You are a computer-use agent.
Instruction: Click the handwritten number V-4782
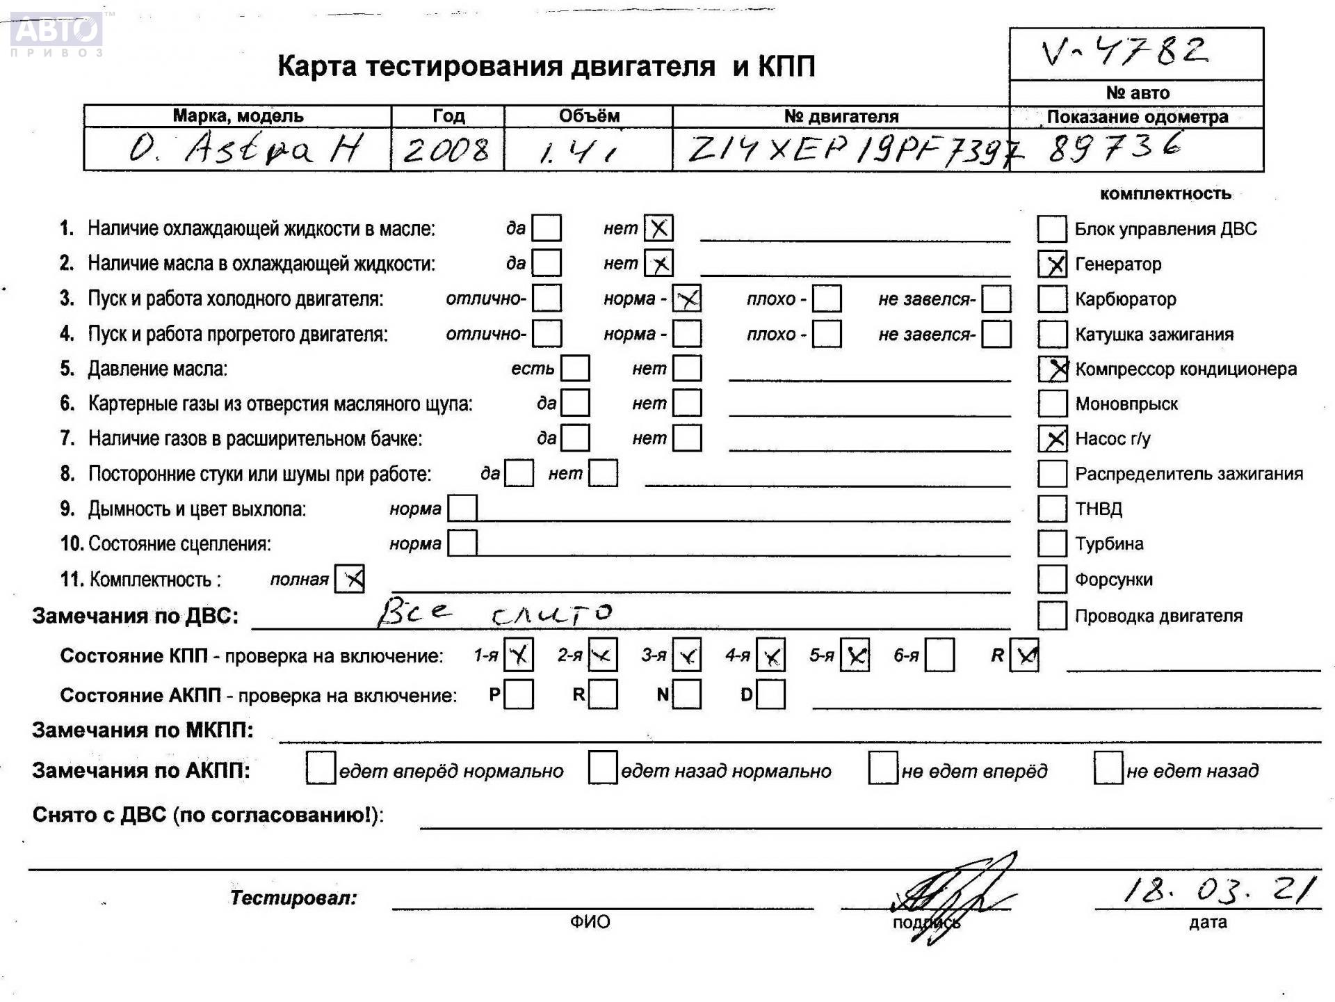(1125, 51)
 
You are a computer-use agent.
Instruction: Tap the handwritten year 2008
(446, 150)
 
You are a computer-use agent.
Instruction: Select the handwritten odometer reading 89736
(1115, 148)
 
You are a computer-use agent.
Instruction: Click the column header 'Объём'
(588, 116)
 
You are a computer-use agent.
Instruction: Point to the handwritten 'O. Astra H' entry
(245, 149)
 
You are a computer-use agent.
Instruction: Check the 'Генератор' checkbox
(1053, 264)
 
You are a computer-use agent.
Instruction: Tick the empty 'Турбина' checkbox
(1053, 544)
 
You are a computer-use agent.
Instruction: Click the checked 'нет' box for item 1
(658, 228)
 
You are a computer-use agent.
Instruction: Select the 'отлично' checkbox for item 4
(547, 334)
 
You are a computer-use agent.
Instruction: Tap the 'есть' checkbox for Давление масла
(575, 369)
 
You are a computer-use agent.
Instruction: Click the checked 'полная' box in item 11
(350, 579)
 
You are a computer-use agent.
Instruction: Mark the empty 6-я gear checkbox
(939, 655)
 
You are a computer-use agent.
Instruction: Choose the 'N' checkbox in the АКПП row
(687, 694)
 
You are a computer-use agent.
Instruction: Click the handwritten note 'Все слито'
(494, 612)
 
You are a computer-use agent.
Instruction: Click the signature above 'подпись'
(953, 898)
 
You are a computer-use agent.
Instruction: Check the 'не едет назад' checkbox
(1108, 768)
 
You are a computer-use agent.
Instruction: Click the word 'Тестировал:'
(293, 898)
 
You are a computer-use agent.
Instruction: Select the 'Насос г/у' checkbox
(1053, 439)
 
